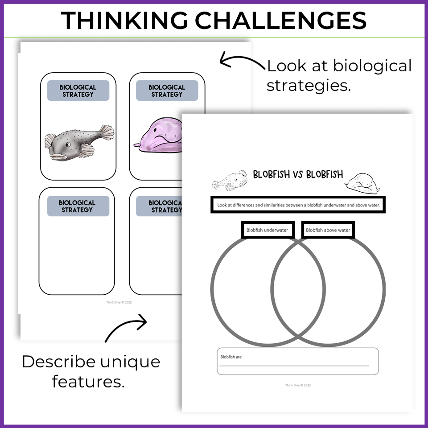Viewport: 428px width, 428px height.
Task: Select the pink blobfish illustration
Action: (158, 136)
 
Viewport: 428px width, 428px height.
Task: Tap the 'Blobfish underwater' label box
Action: (267, 230)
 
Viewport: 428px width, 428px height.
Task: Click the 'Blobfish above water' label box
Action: (328, 230)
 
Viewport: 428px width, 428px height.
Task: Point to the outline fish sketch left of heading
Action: (230, 180)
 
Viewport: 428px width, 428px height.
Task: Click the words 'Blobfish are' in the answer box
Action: (231, 357)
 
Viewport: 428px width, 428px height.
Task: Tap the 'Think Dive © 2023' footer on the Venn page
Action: (298, 385)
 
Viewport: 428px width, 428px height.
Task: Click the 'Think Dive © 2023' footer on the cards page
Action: (119, 302)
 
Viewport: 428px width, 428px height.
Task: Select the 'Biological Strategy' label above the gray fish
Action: (78, 91)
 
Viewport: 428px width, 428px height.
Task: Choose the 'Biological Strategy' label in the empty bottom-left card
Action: (78, 206)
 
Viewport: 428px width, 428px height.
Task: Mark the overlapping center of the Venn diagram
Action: (298, 292)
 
